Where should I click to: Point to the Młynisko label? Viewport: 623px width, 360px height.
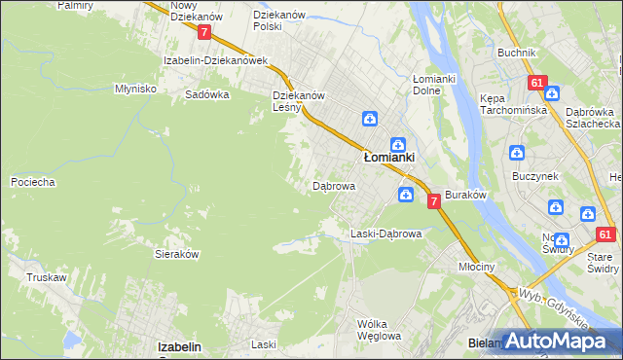(135, 88)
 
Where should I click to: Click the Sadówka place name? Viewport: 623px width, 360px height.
(207, 95)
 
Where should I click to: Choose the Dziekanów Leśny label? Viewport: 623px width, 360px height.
(298, 102)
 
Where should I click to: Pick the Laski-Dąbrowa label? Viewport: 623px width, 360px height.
(385, 234)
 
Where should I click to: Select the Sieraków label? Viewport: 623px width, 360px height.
(177, 253)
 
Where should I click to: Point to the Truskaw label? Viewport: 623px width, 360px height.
(46, 277)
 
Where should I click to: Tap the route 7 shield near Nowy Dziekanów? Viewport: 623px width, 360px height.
(203, 32)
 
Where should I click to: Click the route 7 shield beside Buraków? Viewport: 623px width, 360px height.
(434, 200)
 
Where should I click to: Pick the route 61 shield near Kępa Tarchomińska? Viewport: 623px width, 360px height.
(537, 84)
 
